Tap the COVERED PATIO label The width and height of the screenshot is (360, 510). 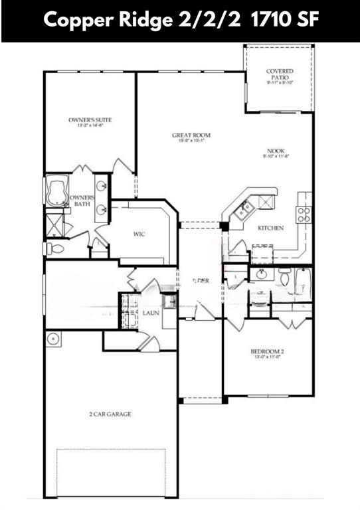pyautogui.click(x=279, y=74)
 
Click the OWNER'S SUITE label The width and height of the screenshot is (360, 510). pyautogui.click(x=90, y=120)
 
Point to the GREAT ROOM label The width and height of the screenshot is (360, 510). pyautogui.click(x=191, y=135)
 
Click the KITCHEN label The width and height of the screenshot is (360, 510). pyautogui.click(x=270, y=228)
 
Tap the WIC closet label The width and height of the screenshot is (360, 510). pyautogui.click(x=139, y=234)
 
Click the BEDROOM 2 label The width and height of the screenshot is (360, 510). pyautogui.click(x=268, y=351)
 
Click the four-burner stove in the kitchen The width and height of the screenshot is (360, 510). pyautogui.click(x=304, y=214)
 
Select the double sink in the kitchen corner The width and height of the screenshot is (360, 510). pyautogui.click(x=242, y=210)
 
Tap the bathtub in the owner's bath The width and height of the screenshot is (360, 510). pyautogui.click(x=57, y=191)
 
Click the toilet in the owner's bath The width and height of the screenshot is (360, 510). pyautogui.click(x=54, y=248)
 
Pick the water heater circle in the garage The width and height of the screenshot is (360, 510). pyautogui.click(x=52, y=339)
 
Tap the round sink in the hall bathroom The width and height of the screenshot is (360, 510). pyautogui.click(x=260, y=274)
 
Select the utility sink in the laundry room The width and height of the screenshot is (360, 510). pyautogui.click(x=169, y=301)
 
